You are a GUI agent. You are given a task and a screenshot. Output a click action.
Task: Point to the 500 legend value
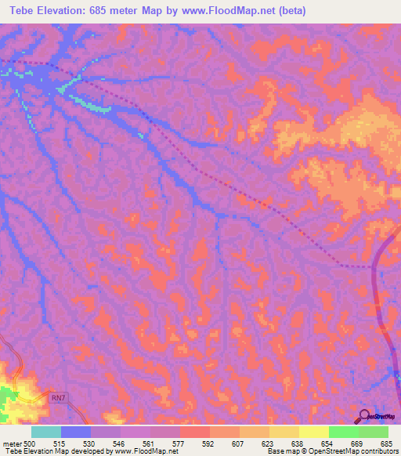30,443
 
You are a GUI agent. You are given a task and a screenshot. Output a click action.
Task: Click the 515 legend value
60,443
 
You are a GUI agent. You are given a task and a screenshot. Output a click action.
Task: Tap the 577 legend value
179,443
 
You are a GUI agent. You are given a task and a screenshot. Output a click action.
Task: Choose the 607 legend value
239,443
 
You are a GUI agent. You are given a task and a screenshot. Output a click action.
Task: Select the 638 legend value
298,443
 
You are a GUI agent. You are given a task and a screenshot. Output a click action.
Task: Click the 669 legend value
358,443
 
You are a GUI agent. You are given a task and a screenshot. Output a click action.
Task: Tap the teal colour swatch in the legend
46,432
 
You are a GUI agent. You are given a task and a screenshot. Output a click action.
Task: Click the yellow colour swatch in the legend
314,432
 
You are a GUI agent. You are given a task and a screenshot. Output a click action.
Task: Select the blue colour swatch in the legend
76,432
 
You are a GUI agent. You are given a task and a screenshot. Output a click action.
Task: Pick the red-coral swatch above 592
195,432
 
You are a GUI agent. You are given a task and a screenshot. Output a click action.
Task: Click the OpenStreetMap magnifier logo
365,415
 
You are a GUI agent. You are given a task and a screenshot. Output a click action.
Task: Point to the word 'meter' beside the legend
12,443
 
